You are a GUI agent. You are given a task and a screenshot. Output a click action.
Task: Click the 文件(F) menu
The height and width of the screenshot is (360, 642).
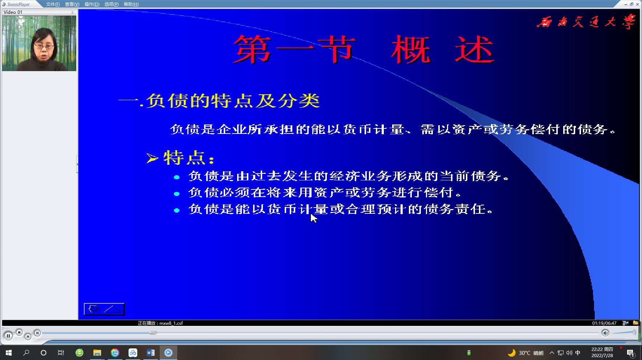[x=53, y=4]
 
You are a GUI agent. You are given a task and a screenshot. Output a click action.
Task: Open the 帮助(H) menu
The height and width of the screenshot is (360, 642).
[x=131, y=4]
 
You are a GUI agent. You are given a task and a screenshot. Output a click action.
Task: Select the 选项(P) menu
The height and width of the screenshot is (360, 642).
[x=111, y=4]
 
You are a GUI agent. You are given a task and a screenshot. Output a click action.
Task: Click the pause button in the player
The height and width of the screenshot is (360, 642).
[x=8, y=336]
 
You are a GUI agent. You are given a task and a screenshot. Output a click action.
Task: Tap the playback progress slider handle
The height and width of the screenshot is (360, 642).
[x=153, y=333]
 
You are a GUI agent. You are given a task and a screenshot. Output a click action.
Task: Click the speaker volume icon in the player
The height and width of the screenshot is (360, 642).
[x=605, y=333]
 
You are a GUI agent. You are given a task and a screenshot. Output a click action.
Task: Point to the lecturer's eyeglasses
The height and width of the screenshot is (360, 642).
[x=44, y=46]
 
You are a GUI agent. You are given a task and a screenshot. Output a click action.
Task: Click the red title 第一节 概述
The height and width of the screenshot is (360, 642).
[x=363, y=50]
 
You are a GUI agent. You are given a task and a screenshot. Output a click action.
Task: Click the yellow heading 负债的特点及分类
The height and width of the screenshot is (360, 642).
[x=233, y=101]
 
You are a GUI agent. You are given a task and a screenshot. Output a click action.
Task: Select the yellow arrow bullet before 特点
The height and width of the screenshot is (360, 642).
[x=152, y=158]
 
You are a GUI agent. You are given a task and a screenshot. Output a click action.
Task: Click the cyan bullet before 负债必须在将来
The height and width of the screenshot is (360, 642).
[x=177, y=194]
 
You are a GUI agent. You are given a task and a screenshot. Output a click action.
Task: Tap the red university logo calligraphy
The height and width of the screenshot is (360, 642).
[x=586, y=22]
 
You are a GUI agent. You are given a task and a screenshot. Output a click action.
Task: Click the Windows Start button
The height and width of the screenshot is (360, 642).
[x=9, y=353]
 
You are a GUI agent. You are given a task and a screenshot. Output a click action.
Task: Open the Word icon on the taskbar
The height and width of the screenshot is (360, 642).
[x=150, y=353]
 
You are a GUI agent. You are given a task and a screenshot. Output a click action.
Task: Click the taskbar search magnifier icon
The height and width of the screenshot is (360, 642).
[x=26, y=353]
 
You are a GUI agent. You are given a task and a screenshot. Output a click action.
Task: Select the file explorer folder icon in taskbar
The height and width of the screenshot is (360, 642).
[x=97, y=353]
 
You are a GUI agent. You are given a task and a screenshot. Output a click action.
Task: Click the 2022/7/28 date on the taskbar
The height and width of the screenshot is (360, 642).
[x=602, y=356]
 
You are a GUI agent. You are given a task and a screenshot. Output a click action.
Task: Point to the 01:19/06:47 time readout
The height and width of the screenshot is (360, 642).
[x=604, y=323]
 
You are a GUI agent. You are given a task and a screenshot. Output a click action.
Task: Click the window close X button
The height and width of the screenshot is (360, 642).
[x=637, y=4]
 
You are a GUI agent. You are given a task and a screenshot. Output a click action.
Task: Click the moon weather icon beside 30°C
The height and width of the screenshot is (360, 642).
[x=512, y=353]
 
